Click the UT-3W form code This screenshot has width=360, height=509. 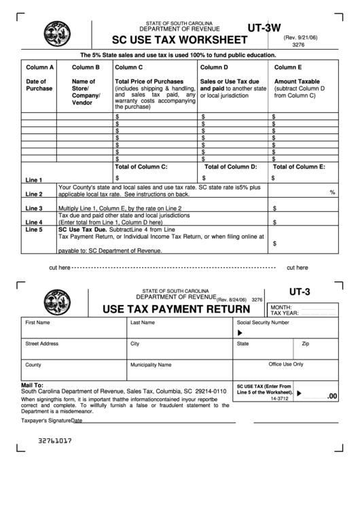pos(265,29)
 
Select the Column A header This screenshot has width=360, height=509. pos(40,68)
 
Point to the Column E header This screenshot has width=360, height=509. pos(288,68)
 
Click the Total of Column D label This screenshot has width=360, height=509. pos(231,166)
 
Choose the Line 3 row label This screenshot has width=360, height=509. pos(34,208)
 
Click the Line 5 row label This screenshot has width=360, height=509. pos(34,230)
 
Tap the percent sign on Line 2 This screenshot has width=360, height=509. pos(332,192)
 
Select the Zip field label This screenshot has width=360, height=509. pos(306,344)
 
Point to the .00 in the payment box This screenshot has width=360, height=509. pos(332,396)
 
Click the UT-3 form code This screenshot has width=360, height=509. pos(299,292)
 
